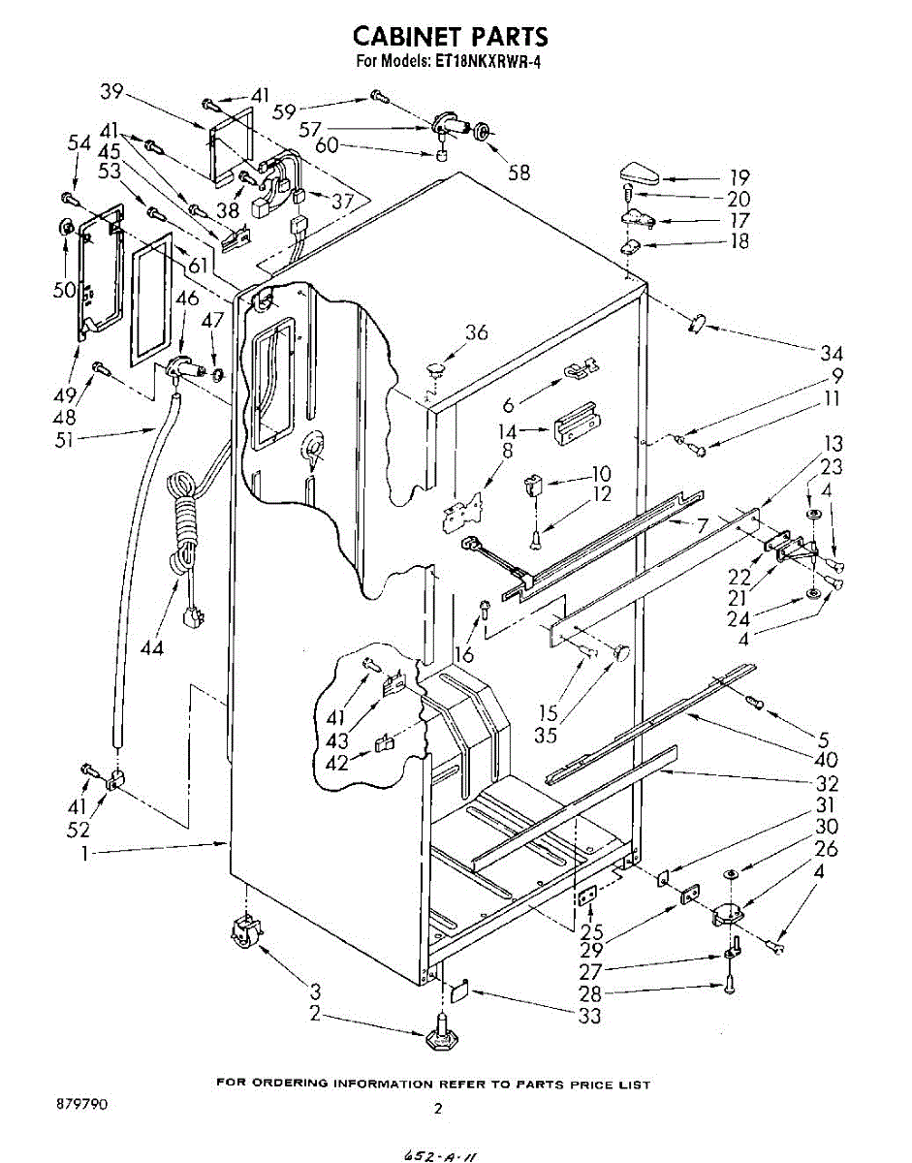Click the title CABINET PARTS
point(450,37)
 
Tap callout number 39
point(112,91)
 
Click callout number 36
point(475,332)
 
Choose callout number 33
point(588,1015)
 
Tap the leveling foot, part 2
point(442,1032)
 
